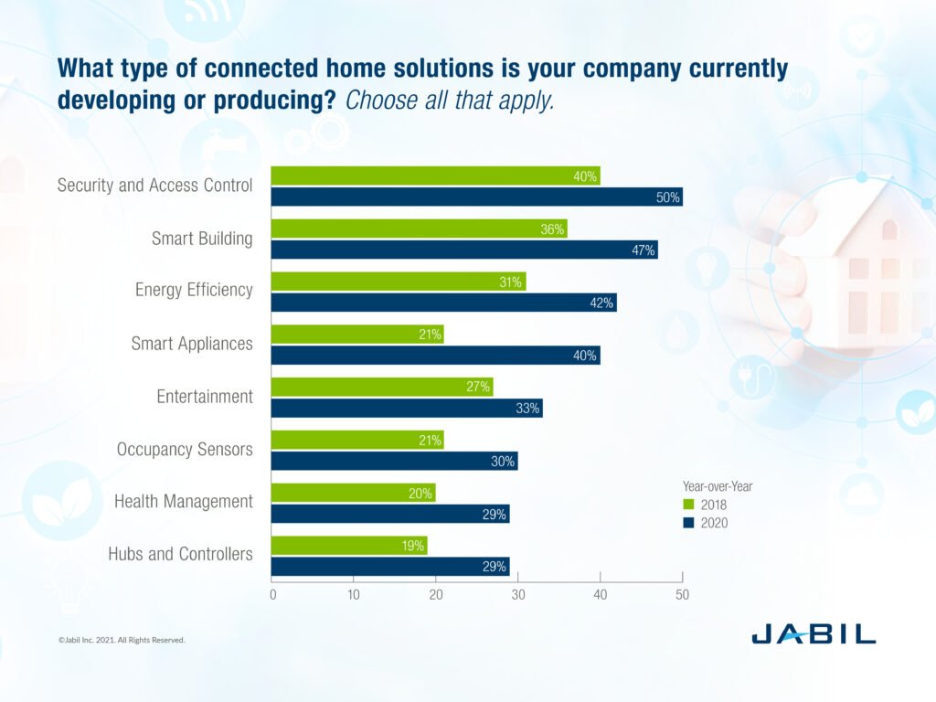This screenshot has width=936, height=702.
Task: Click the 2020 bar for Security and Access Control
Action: coord(475,197)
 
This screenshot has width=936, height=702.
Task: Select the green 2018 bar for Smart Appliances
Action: coord(356,334)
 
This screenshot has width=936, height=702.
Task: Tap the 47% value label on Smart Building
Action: coord(643,250)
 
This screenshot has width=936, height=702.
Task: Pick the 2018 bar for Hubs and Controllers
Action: coord(348,546)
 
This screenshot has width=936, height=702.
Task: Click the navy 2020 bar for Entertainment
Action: coord(406,409)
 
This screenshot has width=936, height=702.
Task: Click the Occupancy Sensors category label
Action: coord(185,450)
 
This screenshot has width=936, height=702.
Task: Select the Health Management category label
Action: coord(183,502)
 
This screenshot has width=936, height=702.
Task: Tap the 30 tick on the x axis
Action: coord(518,595)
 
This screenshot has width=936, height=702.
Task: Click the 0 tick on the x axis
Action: coord(272,595)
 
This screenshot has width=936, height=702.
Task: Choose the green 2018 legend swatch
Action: coord(688,505)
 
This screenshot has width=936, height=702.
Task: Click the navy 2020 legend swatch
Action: coord(688,523)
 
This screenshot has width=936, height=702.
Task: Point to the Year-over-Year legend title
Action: coord(717,486)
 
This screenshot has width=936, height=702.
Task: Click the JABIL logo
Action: coord(814,633)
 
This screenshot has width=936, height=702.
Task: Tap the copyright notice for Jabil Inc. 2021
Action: coord(122,640)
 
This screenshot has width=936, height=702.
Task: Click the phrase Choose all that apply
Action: coord(449,101)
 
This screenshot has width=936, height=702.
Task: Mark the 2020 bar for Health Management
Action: coord(389,514)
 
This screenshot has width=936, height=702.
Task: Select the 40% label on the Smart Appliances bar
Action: coord(586,356)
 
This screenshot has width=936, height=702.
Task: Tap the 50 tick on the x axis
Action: coord(682,595)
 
